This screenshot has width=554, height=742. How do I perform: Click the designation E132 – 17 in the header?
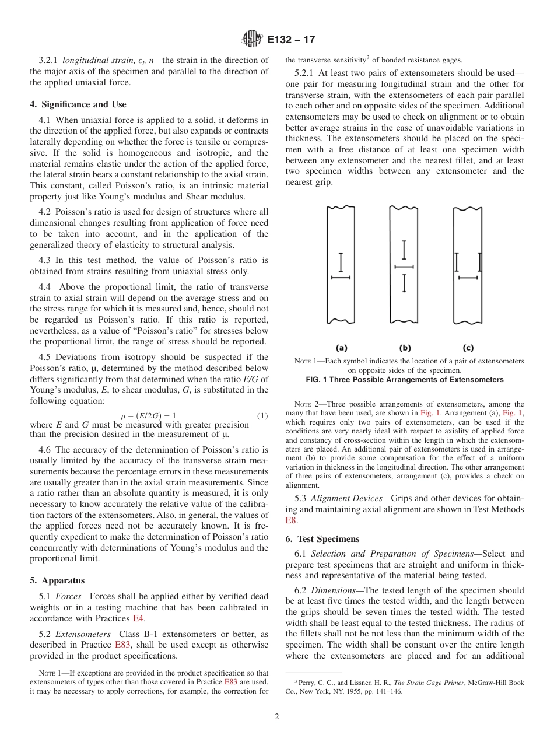tap(292, 40)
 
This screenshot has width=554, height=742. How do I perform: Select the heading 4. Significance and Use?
tap(78, 104)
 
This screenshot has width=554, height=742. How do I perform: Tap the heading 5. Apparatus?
tap(57, 580)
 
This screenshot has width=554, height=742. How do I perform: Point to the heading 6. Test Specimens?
tap(322, 539)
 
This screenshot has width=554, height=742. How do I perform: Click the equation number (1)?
tap(262, 415)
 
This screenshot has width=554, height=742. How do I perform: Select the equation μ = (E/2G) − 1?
tap(148, 415)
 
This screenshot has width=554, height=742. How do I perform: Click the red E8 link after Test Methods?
tap(291, 520)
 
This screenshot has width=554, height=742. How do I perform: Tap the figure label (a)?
tap(341, 348)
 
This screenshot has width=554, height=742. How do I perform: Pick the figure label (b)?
tap(404, 348)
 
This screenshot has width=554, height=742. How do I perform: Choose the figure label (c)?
tap(468, 348)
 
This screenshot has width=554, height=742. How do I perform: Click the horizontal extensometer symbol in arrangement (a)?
tap(341, 278)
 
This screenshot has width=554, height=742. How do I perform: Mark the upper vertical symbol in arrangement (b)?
tap(404, 250)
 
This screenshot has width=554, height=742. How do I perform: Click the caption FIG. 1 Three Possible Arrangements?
tap(404, 380)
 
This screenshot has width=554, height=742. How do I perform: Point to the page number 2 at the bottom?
tap(277, 717)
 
